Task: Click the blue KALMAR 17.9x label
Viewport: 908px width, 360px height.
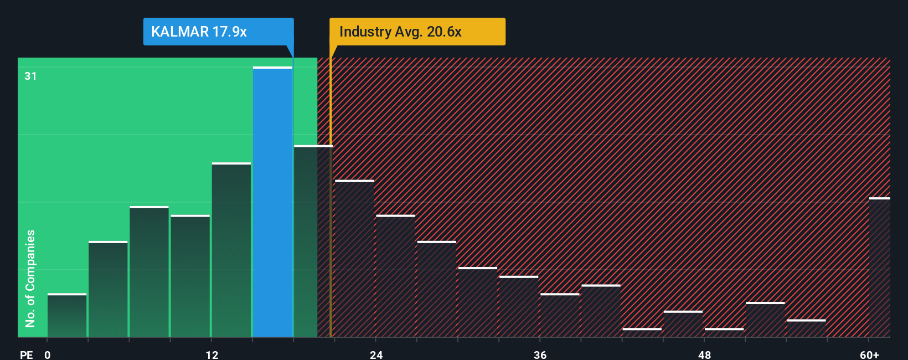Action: tap(218, 32)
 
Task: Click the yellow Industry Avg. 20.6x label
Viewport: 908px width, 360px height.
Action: tap(417, 32)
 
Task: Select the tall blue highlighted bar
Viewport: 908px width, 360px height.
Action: tap(272, 202)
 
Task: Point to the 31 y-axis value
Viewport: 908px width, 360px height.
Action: tap(30, 76)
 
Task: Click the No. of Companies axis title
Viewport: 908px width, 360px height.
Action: tap(30, 278)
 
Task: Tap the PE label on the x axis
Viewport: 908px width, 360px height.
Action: tap(26, 354)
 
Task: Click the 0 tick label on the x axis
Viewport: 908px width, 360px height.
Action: tap(48, 354)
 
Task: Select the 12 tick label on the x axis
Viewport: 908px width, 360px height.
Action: tap(211, 354)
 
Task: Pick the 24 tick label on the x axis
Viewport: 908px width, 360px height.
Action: tap(376, 354)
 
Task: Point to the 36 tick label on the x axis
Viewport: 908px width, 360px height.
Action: tap(540, 354)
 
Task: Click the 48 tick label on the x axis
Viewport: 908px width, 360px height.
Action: tap(704, 354)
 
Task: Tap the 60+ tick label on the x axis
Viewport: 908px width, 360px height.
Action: tap(869, 354)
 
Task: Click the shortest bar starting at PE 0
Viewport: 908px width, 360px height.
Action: tap(67, 316)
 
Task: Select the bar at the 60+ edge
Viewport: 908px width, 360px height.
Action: tap(880, 268)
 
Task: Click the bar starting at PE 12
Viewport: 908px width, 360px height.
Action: tap(231, 250)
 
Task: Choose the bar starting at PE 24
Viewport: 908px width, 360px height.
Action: tap(395, 276)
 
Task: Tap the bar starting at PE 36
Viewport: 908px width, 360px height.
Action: tap(560, 315)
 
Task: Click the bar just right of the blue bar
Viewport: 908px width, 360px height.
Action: tap(313, 241)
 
